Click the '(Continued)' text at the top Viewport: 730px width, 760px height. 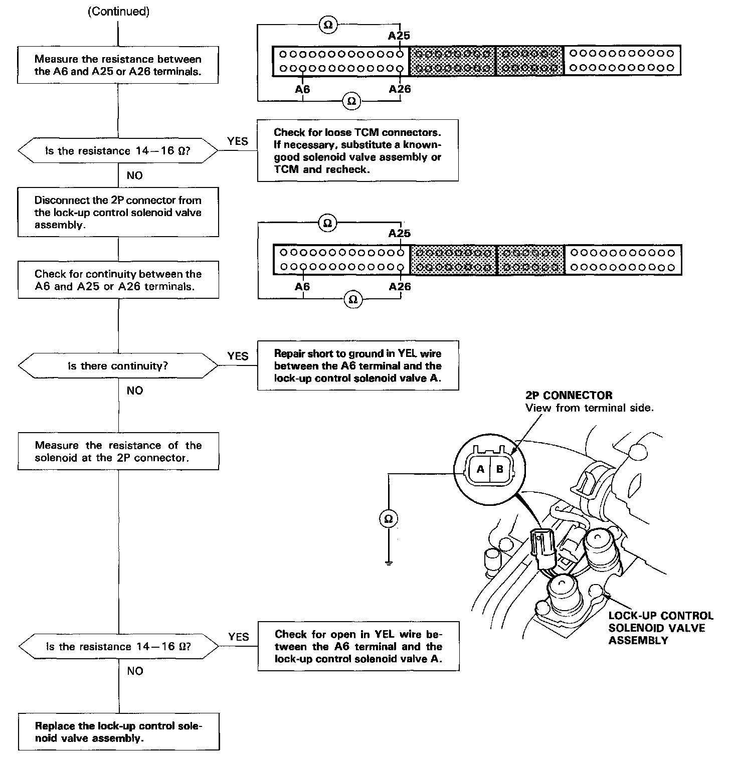pyautogui.click(x=118, y=12)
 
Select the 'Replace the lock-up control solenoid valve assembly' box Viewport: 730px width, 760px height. pyautogui.click(x=119, y=731)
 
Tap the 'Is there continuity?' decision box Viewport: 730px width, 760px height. pyautogui.click(x=118, y=366)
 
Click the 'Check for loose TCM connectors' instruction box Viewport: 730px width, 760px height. pyautogui.click(x=357, y=150)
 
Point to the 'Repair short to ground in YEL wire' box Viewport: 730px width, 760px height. pyautogui.click(x=358, y=365)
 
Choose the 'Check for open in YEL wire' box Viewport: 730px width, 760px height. pyautogui.click(x=358, y=646)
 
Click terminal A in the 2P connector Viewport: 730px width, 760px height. pyautogui.click(x=480, y=470)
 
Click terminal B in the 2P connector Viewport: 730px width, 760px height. pyautogui.click(x=499, y=470)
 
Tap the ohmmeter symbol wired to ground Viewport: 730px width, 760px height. pyautogui.click(x=388, y=519)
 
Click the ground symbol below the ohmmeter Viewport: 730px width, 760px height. pyautogui.click(x=388, y=562)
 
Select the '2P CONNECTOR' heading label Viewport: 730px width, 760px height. pyautogui.click(x=569, y=395)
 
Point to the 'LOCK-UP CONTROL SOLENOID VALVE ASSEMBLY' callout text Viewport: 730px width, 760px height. pyautogui.click(x=660, y=628)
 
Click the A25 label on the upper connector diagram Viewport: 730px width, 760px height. pyautogui.click(x=399, y=36)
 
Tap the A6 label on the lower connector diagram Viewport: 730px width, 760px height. pyautogui.click(x=302, y=286)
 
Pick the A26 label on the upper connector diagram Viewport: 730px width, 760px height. pyautogui.click(x=400, y=89)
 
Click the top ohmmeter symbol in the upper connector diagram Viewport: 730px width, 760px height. pyautogui.click(x=328, y=25)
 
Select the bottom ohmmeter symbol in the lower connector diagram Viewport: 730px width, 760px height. pyautogui.click(x=352, y=299)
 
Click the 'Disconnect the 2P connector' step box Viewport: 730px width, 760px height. pyautogui.click(x=118, y=212)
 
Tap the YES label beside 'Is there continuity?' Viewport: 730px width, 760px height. pyautogui.click(x=238, y=356)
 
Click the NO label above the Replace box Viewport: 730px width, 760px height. pyautogui.click(x=135, y=671)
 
